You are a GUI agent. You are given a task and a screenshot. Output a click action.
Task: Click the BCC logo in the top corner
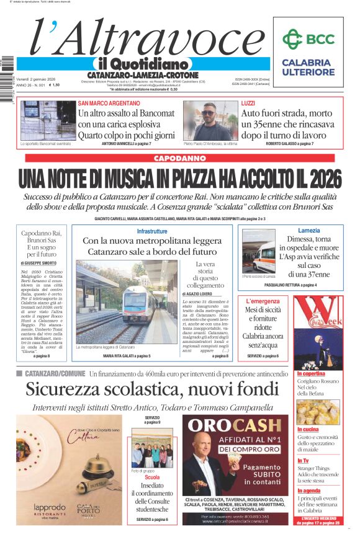pos(308,39)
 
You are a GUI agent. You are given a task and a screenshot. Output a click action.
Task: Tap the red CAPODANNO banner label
pos(179,158)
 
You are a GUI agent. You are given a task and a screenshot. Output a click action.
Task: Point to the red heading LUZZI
pos(248,103)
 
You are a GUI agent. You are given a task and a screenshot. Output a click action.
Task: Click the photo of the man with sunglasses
pos(210,120)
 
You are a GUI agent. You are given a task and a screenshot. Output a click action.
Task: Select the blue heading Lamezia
pos(291,231)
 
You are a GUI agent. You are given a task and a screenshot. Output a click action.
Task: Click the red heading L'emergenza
pos(263,301)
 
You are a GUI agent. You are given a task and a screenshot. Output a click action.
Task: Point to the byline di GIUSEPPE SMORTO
pos(38,263)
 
